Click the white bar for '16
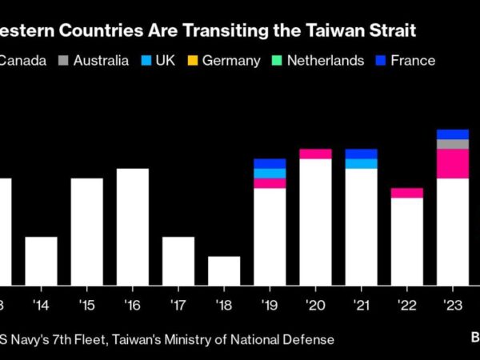pyautogui.click(x=133, y=226)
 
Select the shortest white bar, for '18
pyautogui.click(x=224, y=270)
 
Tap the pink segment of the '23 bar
pyautogui.click(x=453, y=163)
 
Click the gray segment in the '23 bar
pyautogui.click(x=453, y=144)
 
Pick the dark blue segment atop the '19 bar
pyautogui.click(x=270, y=163)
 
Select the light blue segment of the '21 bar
pyautogui.click(x=361, y=163)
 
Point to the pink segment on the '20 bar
pyautogui.click(x=315, y=154)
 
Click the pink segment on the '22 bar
pyautogui.click(x=406, y=193)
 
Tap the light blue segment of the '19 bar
pyautogui.click(x=270, y=173)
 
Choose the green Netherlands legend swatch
pyautogui.click(x=277, y=61)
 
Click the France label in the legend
pyautogui.click(x=413, y=61)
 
